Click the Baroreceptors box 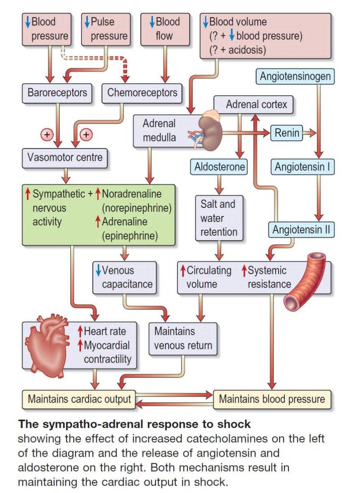(57, 92)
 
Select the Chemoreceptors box (142, 92)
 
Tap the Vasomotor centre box (65, 157)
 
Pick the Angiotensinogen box (295, 76)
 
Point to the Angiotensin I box (302, 167)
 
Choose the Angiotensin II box (301, 230)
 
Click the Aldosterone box (219, 167)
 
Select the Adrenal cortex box (256, 104)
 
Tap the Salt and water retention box (219, 218)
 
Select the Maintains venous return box (183, 339)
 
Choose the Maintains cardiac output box (79, 399)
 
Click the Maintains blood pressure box (272, 399)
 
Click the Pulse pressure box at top (105, 29)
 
